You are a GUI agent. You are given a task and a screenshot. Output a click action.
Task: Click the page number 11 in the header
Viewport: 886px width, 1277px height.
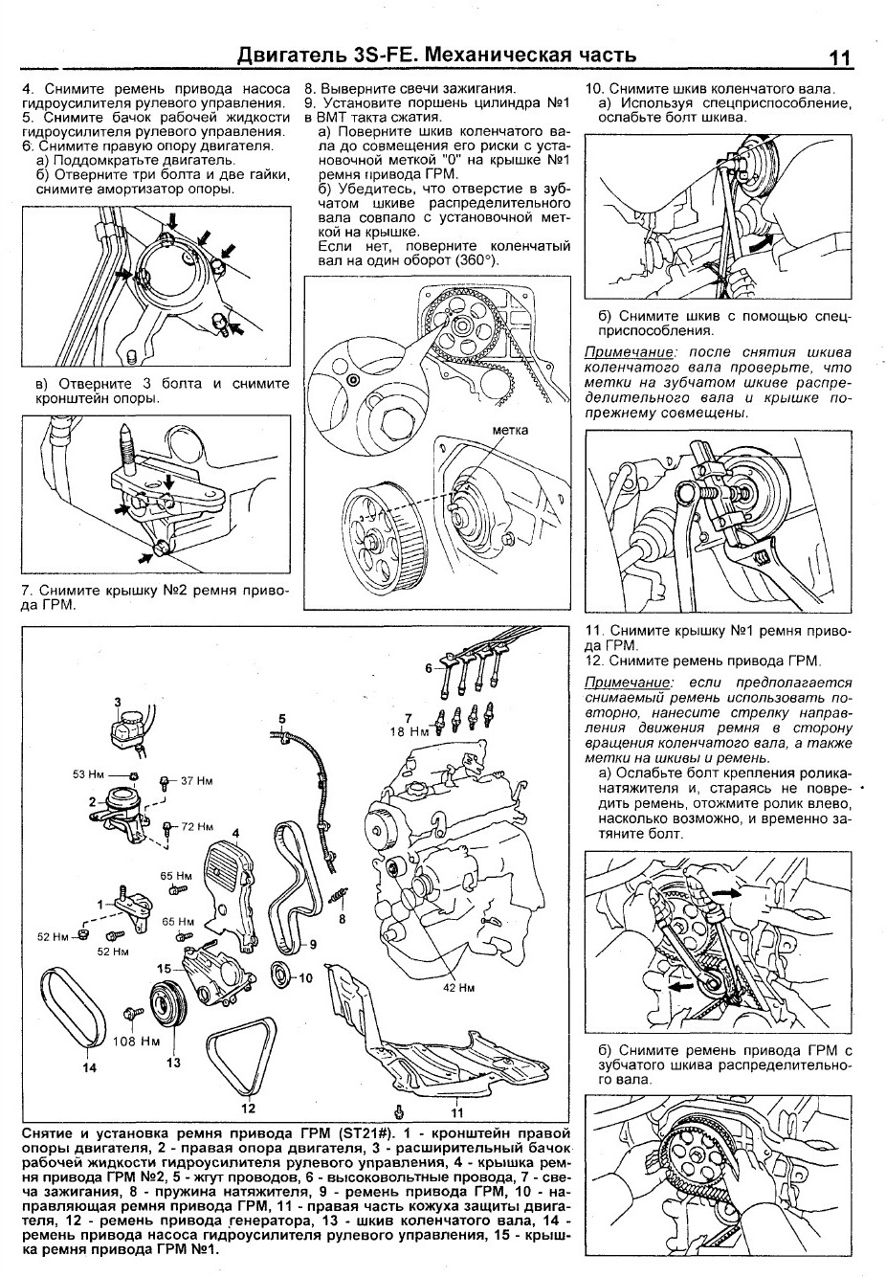pos(840,57)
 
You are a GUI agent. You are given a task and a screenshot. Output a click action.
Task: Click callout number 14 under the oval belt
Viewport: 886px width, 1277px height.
pos(90,1068)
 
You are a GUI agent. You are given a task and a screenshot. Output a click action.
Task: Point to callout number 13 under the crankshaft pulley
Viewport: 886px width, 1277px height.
pos(173,1061)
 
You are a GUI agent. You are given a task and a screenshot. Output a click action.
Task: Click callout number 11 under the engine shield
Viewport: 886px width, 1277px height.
pos(456,1112)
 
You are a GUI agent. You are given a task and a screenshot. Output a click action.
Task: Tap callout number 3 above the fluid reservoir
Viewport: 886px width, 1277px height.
pos(119,704)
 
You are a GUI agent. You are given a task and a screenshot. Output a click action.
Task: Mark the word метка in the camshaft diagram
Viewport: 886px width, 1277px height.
pos(509,430)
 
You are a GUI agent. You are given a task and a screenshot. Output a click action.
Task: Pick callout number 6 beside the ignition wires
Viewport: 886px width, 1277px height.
pos(429,667)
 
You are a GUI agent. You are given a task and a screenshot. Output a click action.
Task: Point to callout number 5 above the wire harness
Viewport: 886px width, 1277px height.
pos(282,718)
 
